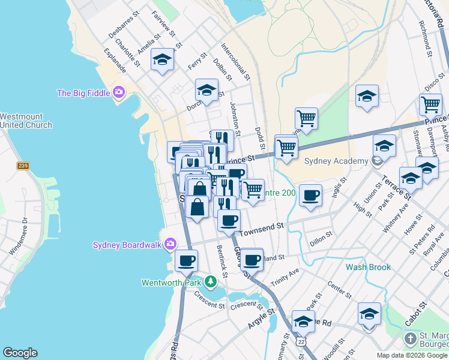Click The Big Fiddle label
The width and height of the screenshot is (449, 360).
(x=83, y=93)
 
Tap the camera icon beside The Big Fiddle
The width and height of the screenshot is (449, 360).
(x=119, y=92)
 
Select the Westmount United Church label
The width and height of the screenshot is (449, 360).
(x=26, y=121)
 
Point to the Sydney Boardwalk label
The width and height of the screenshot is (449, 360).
(x=127, y=244)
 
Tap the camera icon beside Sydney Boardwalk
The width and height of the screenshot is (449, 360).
(x=170, y=244)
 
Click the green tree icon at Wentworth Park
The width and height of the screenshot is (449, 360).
(x=210, y=281)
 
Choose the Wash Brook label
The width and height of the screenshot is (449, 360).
(x=368, y=267)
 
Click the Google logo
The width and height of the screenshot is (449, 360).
(x=20, y=353)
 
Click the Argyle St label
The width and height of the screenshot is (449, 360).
(x=261, y=319)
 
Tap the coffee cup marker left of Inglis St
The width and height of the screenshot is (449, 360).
(x=310, y=196)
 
